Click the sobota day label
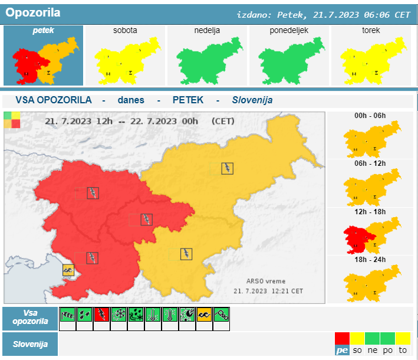[x=125, y=30]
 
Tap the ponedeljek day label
[x=289, y=30]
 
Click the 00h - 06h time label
[x=370, y=115]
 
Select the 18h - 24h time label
[x=370, y=259]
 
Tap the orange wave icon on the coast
[x=69, y=270]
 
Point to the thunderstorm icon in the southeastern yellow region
[x=186, y=254]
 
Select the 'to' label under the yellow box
[x=403, y=351]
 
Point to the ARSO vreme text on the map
[x=265, y=282]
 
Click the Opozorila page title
[x=32, y=12]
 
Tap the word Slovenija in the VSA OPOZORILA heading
[x=252, y=100]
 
